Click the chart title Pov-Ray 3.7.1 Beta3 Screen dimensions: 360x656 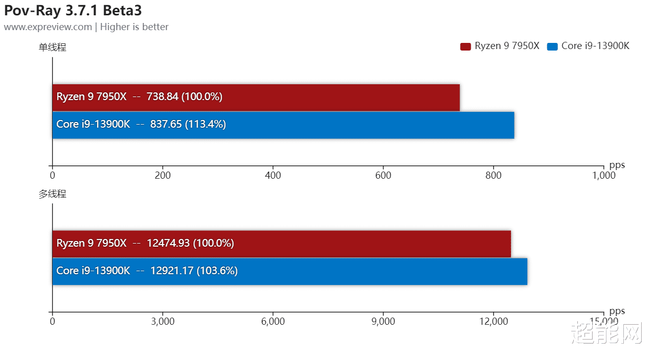point(73,11)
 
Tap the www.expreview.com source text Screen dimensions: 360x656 point(48,27)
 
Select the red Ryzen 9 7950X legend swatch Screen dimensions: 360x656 point(465,46)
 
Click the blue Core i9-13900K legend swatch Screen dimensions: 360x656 point(552,46)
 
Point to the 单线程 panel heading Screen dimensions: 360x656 point(53,47)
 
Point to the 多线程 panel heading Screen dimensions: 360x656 point(53,194)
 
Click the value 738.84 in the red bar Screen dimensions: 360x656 point(162,97)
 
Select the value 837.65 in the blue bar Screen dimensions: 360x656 point(166,124)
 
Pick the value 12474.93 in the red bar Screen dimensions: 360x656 point(168,243)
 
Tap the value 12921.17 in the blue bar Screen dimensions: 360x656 point(172,271)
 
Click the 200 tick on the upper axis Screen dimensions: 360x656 point(162,176)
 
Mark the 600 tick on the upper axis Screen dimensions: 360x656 point(383,176)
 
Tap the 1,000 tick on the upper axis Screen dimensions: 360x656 point(603,176)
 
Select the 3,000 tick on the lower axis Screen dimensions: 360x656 point(162,321)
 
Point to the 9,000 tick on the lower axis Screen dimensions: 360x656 point(383,321)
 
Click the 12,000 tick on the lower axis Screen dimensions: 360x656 point(494,321)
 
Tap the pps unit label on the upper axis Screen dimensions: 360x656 point(617,165)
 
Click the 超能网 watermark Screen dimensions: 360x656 point(605,333)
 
